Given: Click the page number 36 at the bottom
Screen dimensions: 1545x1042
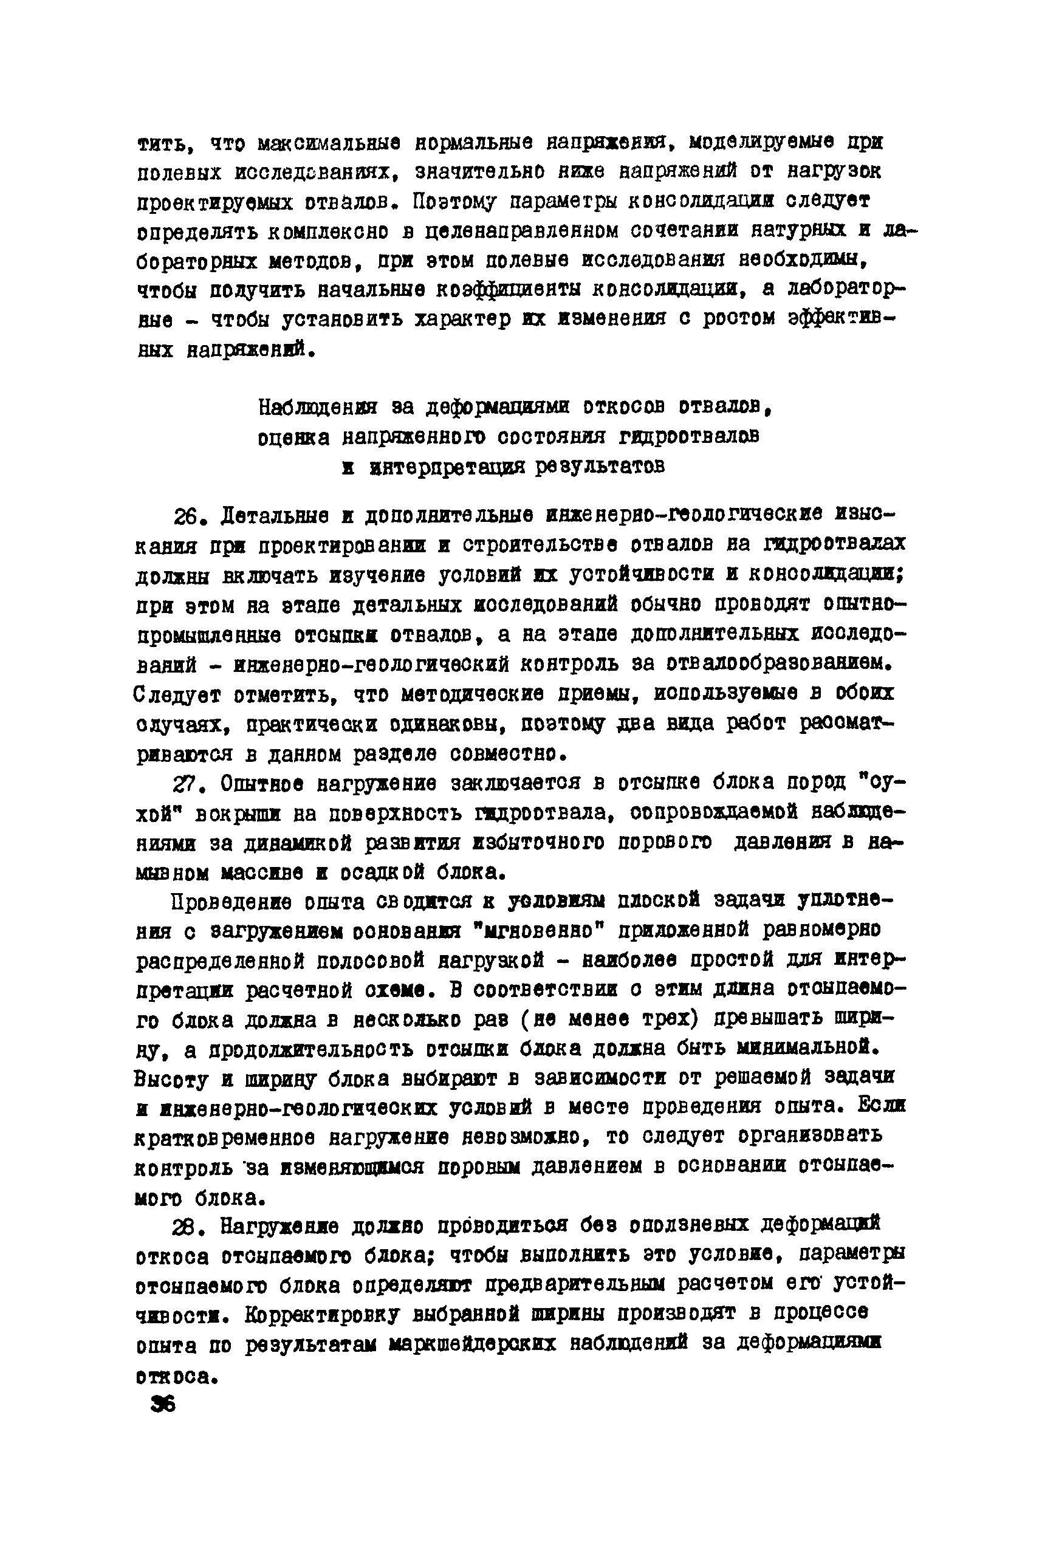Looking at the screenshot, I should (x=163, y=1404).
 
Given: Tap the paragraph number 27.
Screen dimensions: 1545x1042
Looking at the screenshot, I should (x=187, y=785).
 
